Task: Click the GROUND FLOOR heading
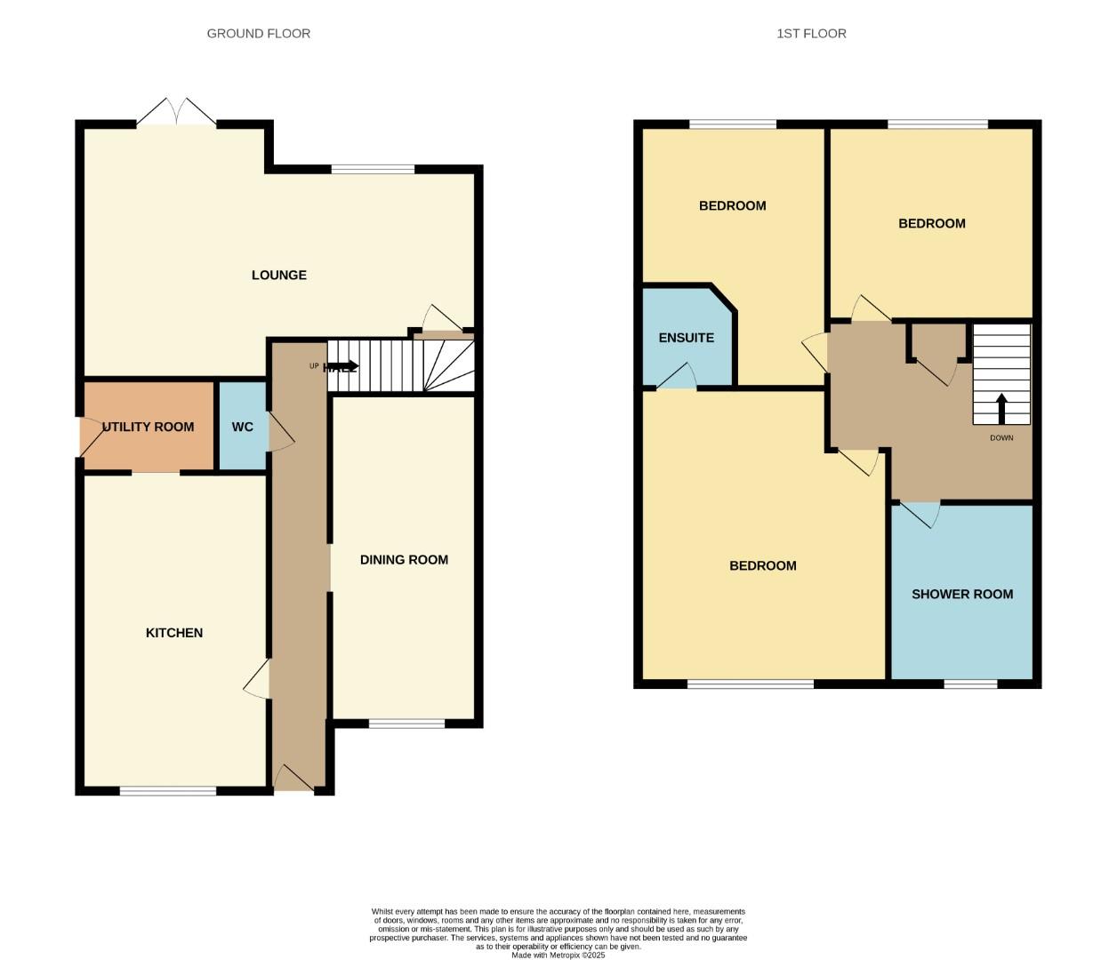point(258,34)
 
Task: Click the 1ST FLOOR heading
point(811,34)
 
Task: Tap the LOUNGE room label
point(278,276)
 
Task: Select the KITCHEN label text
point(174,633)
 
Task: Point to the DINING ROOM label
point(404,560)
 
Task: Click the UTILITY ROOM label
point(148,427)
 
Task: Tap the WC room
point(243,427)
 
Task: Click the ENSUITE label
point(686,338)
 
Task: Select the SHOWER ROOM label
point(962,595)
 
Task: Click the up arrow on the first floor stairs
point(1001,409)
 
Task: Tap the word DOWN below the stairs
point(1001,438)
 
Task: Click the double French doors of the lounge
point(176,113)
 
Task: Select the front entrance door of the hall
point(293,779)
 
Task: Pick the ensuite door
point(678,377)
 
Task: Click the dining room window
point(406,724)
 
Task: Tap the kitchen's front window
point(168,790)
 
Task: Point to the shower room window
point(970,684)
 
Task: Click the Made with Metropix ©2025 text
point(558,956)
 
